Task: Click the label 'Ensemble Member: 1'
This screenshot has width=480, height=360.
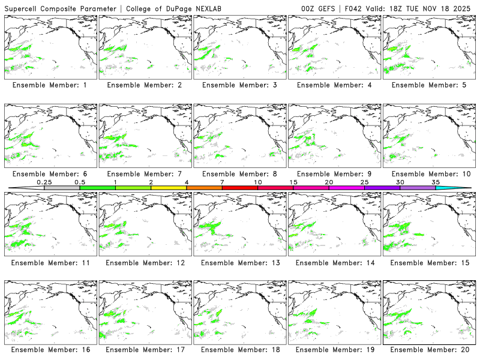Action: click(49, 85)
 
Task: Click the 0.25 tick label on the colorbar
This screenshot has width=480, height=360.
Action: click(43, 182)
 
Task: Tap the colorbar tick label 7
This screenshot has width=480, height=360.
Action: click(222, 182)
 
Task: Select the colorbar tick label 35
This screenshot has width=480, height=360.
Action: click(436, 182)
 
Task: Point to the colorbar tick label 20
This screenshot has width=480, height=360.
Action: click(329, 182)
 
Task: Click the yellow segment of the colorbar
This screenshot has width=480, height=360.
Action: click(169, 188)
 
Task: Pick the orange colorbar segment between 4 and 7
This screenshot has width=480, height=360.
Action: click(204, 188)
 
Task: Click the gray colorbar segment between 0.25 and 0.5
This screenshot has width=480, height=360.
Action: click(62, 188)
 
